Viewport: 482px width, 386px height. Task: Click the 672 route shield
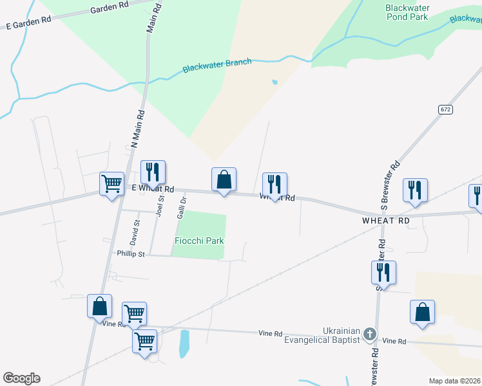(446, 109)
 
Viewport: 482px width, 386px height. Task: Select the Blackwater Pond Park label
(407, 12)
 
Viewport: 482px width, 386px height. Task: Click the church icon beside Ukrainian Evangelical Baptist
(369, 333)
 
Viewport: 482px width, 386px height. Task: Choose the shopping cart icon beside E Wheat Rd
(111, 184)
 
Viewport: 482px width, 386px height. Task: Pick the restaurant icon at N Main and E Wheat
(153, 172)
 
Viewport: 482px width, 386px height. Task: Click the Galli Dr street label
(182, 207)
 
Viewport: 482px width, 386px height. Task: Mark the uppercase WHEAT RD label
(386, 220)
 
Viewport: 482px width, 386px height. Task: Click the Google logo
(21, 378)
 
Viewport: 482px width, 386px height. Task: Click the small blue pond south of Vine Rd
(184, 344)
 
